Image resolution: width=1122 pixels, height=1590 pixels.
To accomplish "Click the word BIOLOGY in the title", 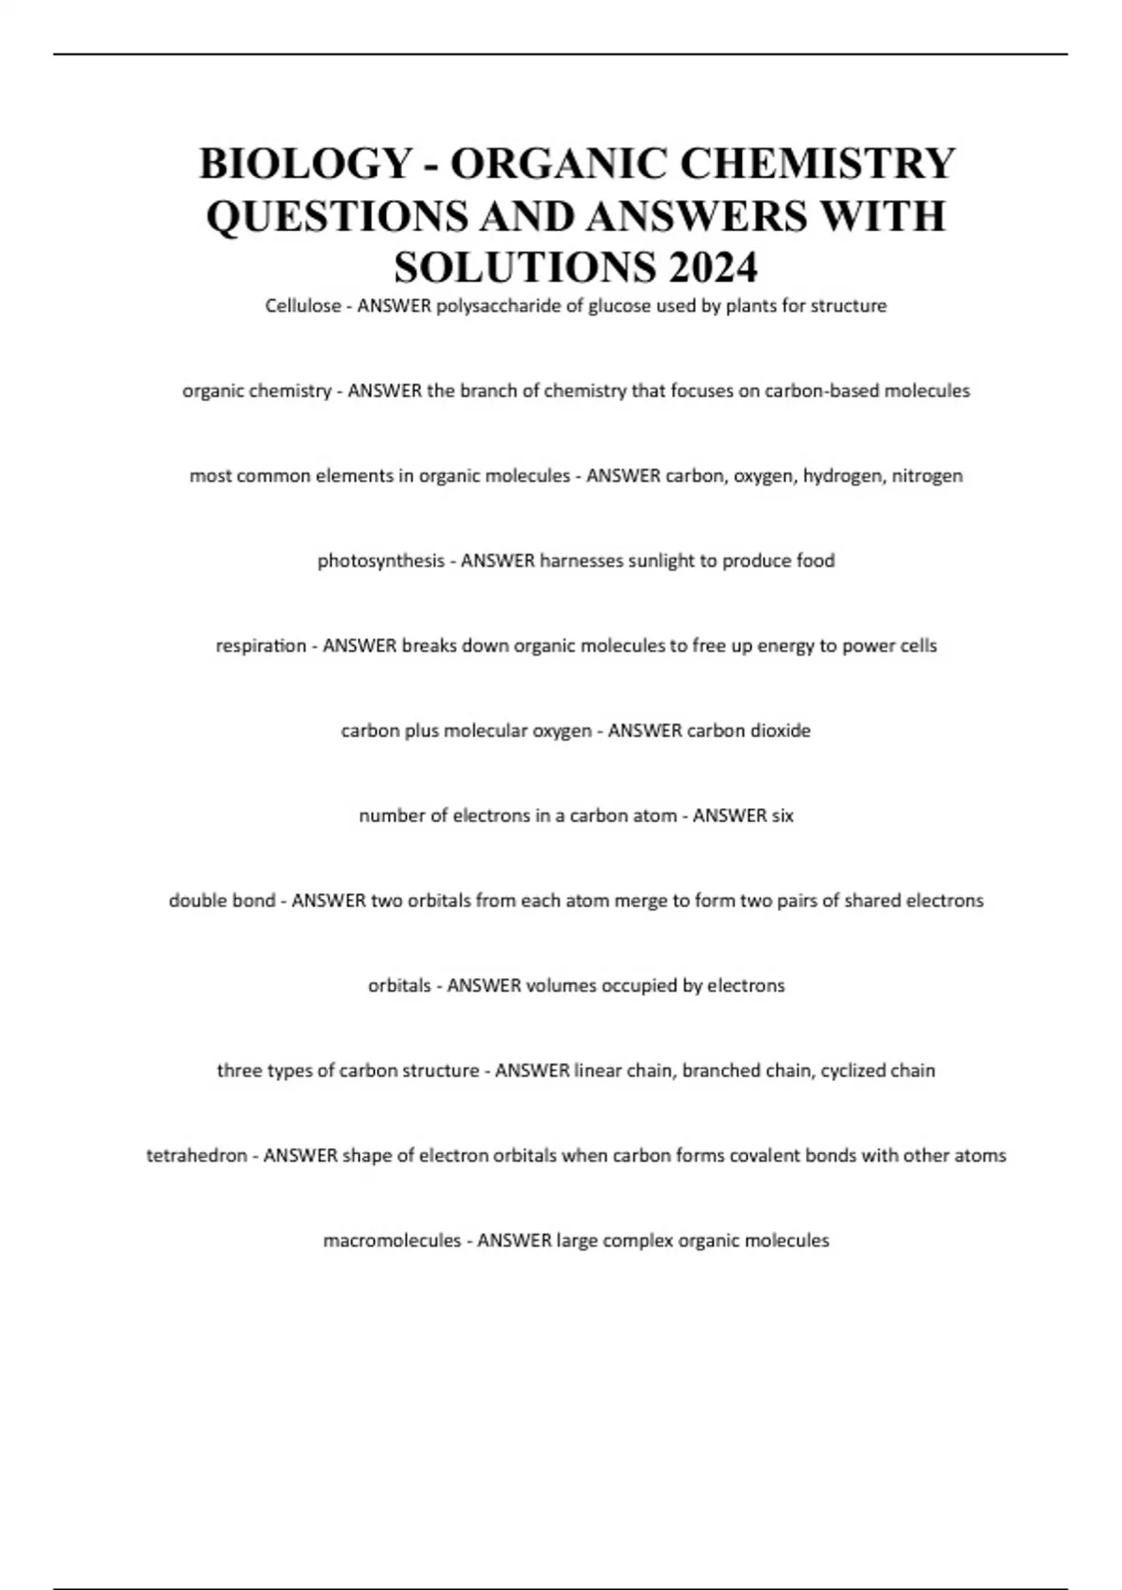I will tap(305, 164).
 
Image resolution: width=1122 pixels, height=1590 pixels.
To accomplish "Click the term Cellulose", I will tap(303, 306).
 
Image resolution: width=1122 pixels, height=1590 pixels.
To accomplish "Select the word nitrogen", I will tap(927, 476).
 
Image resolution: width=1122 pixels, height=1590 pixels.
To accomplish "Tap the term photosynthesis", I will tap(381, 561).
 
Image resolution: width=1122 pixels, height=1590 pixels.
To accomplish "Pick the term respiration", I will tap(261, 646).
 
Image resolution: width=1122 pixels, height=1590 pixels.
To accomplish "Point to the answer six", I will tap(783, 816).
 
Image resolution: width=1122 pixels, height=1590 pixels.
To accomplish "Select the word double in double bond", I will tap(195, 901).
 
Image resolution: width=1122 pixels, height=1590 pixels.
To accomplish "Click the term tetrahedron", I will tap(196, 1156).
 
